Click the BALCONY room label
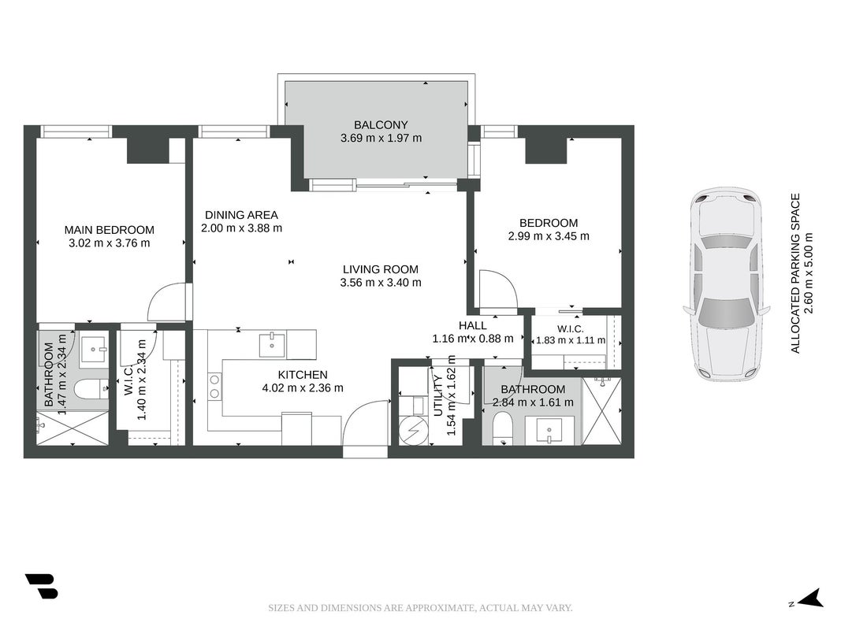pyautogui.click(x=381, y=125)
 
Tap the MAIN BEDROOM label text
pyautogui.click(x=110, y=230)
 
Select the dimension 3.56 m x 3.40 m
pyautogui.click(x=381, y=283)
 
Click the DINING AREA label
pyautogui.click(x=241, y=215)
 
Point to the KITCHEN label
pyautogui.click(x=303, y=375)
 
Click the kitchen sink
pyautogui.click(x=272, y=345)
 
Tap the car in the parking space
pyautogui.click(x=727, y=283)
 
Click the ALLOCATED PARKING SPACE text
pyautogui.click(x=795, y=273)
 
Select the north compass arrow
pyautogui.click(x=812, y=598)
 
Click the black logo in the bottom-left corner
pyautogui.click(x=41, y=586)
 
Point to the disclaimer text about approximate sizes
pyautogui.click(x=421, y=608)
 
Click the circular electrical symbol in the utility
pyautogui.click(x=414, y=431)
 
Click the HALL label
pyautogui.click(x=473, y=325)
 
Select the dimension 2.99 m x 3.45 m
pyautogui.click(x=549, y=235)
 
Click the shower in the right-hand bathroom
pyautogui.click(x=601, y=411)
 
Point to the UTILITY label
pyautogui.click(x=438, y=395)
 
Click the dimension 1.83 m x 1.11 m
pyautogui.click(x=571, y=340)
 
